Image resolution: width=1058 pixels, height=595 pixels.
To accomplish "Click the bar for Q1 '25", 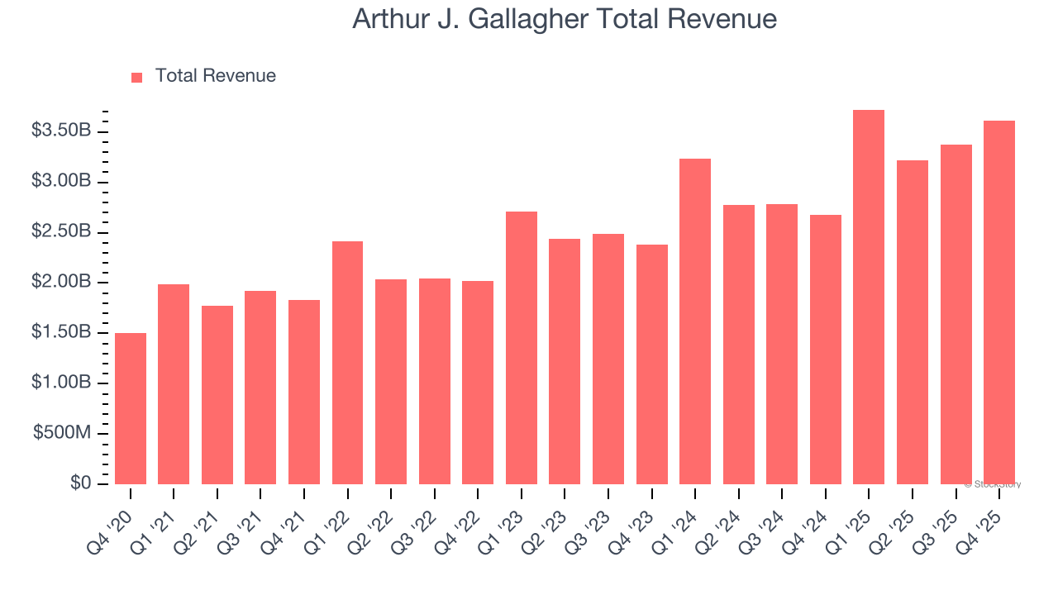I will point(869,297).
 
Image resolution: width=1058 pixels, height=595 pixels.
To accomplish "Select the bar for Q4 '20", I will point(131,409).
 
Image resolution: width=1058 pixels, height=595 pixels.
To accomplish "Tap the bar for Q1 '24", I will point(695,321).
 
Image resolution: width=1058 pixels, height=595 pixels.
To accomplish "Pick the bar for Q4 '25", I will point(999,302).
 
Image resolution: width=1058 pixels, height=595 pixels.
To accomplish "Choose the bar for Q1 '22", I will point(347,363).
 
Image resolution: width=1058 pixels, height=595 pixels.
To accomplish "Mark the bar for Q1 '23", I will point(522,348).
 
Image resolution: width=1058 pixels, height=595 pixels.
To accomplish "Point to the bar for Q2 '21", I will point(217,395).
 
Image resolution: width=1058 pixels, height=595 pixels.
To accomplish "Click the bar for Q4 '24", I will point(826,350).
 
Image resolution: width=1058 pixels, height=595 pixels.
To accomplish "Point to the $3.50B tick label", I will point(61,131).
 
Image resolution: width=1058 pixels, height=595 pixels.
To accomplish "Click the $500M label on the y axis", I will point(62,434).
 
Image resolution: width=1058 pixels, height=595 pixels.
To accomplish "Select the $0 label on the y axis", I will point(80,483).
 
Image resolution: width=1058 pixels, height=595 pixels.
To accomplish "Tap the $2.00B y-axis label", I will point(61,282).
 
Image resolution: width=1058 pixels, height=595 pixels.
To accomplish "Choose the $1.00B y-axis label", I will point(61,383).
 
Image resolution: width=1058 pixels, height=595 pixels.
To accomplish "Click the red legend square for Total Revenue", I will point(137,77).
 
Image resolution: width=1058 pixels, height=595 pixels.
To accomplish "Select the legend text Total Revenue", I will point(216,76).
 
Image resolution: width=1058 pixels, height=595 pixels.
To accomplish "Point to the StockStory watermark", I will point(992,484).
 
